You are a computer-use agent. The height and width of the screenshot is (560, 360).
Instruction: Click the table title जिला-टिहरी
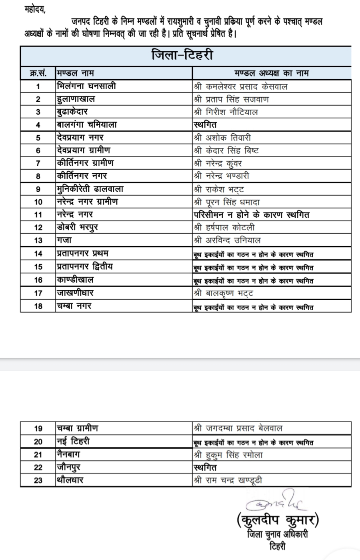[182, 55]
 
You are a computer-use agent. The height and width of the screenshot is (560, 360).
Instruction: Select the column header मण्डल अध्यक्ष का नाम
[271, 73]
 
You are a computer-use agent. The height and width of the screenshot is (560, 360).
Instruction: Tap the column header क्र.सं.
[38, 73]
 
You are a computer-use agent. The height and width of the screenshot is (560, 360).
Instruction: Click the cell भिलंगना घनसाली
[86, 86]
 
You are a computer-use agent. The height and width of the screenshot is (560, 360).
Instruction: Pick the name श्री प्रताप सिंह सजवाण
[231, 99]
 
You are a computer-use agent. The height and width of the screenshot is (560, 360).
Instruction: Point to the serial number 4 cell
[38, 125]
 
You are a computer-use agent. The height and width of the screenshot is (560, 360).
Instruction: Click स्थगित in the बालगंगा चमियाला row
[205, 124]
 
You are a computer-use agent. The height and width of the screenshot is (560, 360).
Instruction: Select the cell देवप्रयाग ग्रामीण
[84, 150]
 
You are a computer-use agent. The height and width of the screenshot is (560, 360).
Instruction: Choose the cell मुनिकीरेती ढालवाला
[90, 189]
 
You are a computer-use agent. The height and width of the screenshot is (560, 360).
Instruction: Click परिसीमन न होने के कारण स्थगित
[252, 215]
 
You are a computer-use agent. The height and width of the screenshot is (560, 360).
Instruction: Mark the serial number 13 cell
[38, 240]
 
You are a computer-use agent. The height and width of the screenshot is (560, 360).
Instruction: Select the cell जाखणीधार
[75, 293]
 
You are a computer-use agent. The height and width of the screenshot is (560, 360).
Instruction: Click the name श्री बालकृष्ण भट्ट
[223, 293]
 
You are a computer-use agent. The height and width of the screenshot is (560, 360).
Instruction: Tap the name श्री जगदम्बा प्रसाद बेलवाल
[238, 428]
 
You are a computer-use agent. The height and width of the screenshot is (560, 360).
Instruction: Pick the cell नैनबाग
[69, 454]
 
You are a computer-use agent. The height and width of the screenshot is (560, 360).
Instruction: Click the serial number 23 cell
[38, 480]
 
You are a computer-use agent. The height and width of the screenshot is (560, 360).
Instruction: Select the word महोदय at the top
[35, 9]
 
